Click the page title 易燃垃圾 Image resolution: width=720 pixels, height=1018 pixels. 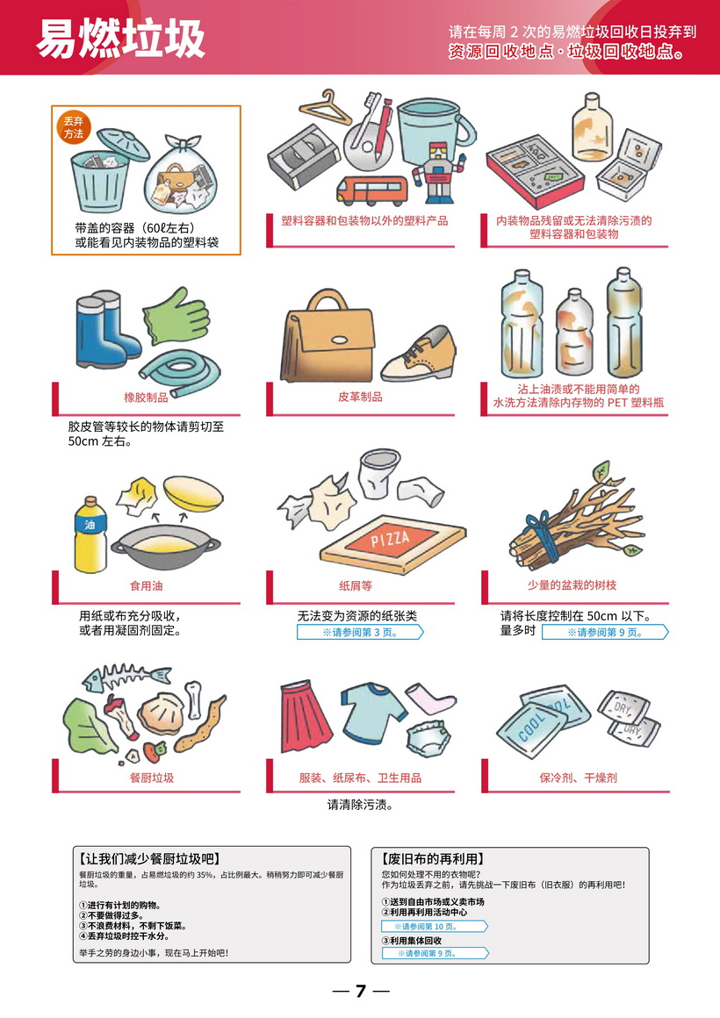pos(120,39)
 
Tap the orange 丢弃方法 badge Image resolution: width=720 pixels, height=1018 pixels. pos(74,127)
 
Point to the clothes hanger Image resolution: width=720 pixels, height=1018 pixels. pos(324,108)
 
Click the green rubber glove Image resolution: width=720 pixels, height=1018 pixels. pos(176,316)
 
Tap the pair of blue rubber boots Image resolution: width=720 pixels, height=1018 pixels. pos(105,330)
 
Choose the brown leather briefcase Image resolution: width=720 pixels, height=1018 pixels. pos(328,338)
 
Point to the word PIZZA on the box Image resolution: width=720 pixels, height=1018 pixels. pos(390,538)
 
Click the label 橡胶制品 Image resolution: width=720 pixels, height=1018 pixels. pos(146,398)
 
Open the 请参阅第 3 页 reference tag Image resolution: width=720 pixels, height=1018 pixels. pos(360,633)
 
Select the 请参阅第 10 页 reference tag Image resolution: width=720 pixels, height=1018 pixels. pos(434,927)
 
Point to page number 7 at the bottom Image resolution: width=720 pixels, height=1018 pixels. pos(361,991)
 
